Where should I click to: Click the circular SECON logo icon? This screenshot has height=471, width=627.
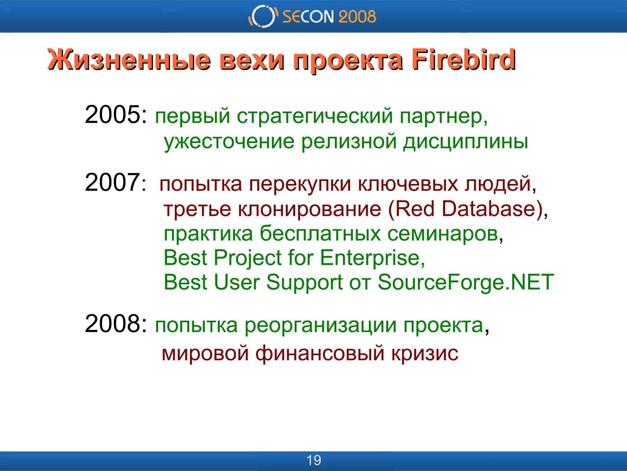coord(262,16)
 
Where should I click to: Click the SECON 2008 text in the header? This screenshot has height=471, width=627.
coord(329,17)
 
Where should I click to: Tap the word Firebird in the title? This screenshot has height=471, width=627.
coord(463,59)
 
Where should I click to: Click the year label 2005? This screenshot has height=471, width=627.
coord(116,114)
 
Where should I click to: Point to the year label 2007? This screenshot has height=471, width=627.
coord(116,182)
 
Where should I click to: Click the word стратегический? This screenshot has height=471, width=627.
coord(315,117)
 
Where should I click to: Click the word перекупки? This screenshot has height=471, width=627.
coord(300,184)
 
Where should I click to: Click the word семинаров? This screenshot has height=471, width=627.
coord(443,234)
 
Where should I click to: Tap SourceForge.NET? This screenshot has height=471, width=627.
coord(465,282)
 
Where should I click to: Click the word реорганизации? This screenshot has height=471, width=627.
coord(320,326)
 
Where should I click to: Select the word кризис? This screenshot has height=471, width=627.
coord(425,353)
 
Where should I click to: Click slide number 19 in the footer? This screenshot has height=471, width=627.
coord(313,460)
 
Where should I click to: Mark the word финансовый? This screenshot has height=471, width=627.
coord(320,353)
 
